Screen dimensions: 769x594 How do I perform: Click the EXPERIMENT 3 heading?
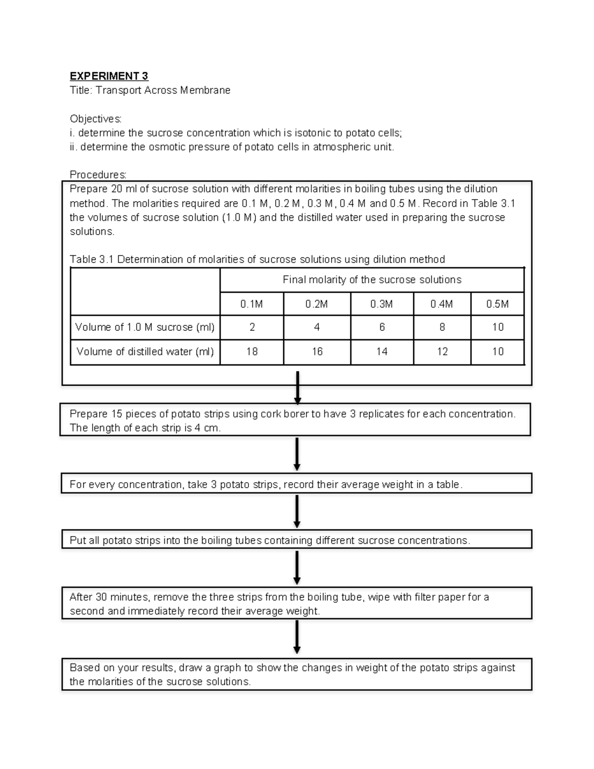tap(109, 76)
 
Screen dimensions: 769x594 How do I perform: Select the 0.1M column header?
tap(251, 304)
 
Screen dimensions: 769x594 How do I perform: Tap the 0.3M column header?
tap(382, 304)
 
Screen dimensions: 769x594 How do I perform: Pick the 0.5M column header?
tap(497, 304)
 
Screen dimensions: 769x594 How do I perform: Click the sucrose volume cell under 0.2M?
tap(317, 327)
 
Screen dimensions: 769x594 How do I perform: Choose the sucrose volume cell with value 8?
tap(442, 327)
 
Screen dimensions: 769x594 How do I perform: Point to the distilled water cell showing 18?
tap(251, 352)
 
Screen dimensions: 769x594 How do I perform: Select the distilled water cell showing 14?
tap(382, 352)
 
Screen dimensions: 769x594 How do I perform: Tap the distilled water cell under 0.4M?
tap(442, 352)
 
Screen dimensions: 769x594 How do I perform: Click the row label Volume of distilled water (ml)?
tap(145, 352)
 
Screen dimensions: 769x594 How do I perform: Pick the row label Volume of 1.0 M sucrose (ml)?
tap(145, 327)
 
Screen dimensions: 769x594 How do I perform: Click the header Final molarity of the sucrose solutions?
tap(372, 280)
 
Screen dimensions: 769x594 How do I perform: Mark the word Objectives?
tap(95, 119)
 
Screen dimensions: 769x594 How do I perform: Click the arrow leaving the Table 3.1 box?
tap(297, 388)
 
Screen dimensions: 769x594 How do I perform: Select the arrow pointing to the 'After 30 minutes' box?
tap(297, 567)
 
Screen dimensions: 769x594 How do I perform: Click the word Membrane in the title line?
tap(205, 91)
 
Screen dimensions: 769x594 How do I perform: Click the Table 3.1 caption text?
tap(257, 259)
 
